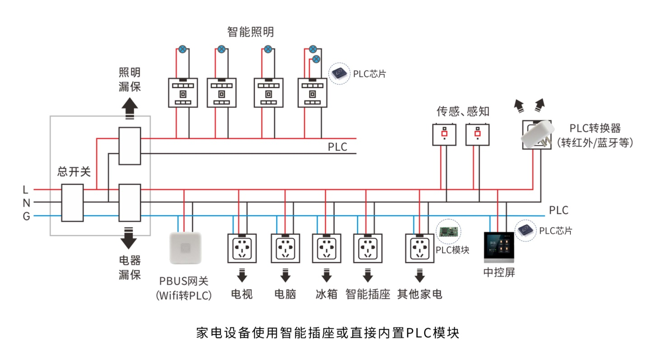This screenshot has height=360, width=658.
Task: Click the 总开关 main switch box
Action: point(72,203)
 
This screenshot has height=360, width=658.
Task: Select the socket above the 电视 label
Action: point(242,248)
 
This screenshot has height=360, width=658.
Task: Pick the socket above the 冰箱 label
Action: point(327,248)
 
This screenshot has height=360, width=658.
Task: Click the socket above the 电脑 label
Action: point(285,248)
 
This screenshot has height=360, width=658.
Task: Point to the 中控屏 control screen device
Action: point(499,247)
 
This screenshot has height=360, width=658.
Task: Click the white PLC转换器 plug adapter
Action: point(537,134)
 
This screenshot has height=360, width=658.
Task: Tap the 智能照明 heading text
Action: point(251,32)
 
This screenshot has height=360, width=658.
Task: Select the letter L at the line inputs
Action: point(26,190)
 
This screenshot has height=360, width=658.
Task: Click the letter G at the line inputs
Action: point(26,216)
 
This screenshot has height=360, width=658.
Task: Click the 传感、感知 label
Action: point(463,111)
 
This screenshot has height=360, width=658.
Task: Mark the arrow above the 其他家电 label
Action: point(420,275)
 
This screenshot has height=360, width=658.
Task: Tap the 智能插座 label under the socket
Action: point(368,295)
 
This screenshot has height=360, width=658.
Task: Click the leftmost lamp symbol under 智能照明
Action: point(182,49)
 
